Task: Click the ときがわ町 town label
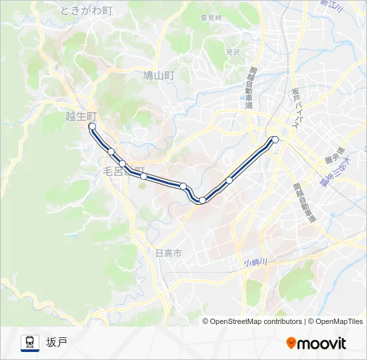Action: point(87,10)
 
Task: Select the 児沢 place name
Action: point(232,51)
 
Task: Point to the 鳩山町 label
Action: point(158,76)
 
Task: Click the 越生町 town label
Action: point(81,115)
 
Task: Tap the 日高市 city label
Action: point(168,253)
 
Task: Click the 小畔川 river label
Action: point(255,262)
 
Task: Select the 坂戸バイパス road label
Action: point(298,107)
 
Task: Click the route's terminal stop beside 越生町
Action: point(92,126)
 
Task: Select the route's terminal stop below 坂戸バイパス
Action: point(274,139)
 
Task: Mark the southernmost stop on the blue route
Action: point(202,200)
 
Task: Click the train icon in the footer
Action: point(29,343)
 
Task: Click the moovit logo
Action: point(316,343)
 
